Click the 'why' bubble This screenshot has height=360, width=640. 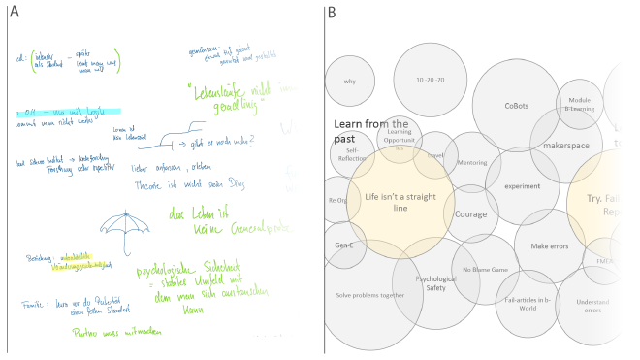pyautogui.click(x=351, y=81)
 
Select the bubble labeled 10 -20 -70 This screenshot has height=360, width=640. pyautogui.click(x=430, y=79)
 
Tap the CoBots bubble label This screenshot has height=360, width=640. pyautogui.click(x=516, y=106)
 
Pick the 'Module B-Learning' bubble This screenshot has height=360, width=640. pyautogui.click(x=580, y=104)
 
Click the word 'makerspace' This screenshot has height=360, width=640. pyautogui.click(x=566, y=145)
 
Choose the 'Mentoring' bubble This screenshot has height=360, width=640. pyautogui.click(x=472, y=162)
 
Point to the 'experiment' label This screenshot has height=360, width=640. pyautogui.click(x=523, y=185)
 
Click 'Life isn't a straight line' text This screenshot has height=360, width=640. pyautogui.click(x=400, y=202)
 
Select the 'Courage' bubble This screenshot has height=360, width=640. pyautogui.click(x=471, y=214)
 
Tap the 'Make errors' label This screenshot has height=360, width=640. pyautogui.click(x=549, y=246)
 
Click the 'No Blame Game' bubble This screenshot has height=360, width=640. pyautogui.click(x=485, y=269)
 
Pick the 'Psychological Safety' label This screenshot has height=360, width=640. pyautogui.click(x=436, y=283)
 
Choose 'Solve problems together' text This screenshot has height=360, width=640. pyautogui.click(x=370, y=295)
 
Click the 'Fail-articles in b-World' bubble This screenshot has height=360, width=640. pyautogui.click(x=528, y=304)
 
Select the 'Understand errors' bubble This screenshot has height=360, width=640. pyautogui.click(x=592, y=306)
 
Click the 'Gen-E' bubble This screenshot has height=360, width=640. pyautogui.click(x=343, y=245)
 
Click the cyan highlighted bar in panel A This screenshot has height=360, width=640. pyautogui.click(x=68, y=112)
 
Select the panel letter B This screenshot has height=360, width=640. pyautogui.click(x=332, y=13)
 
